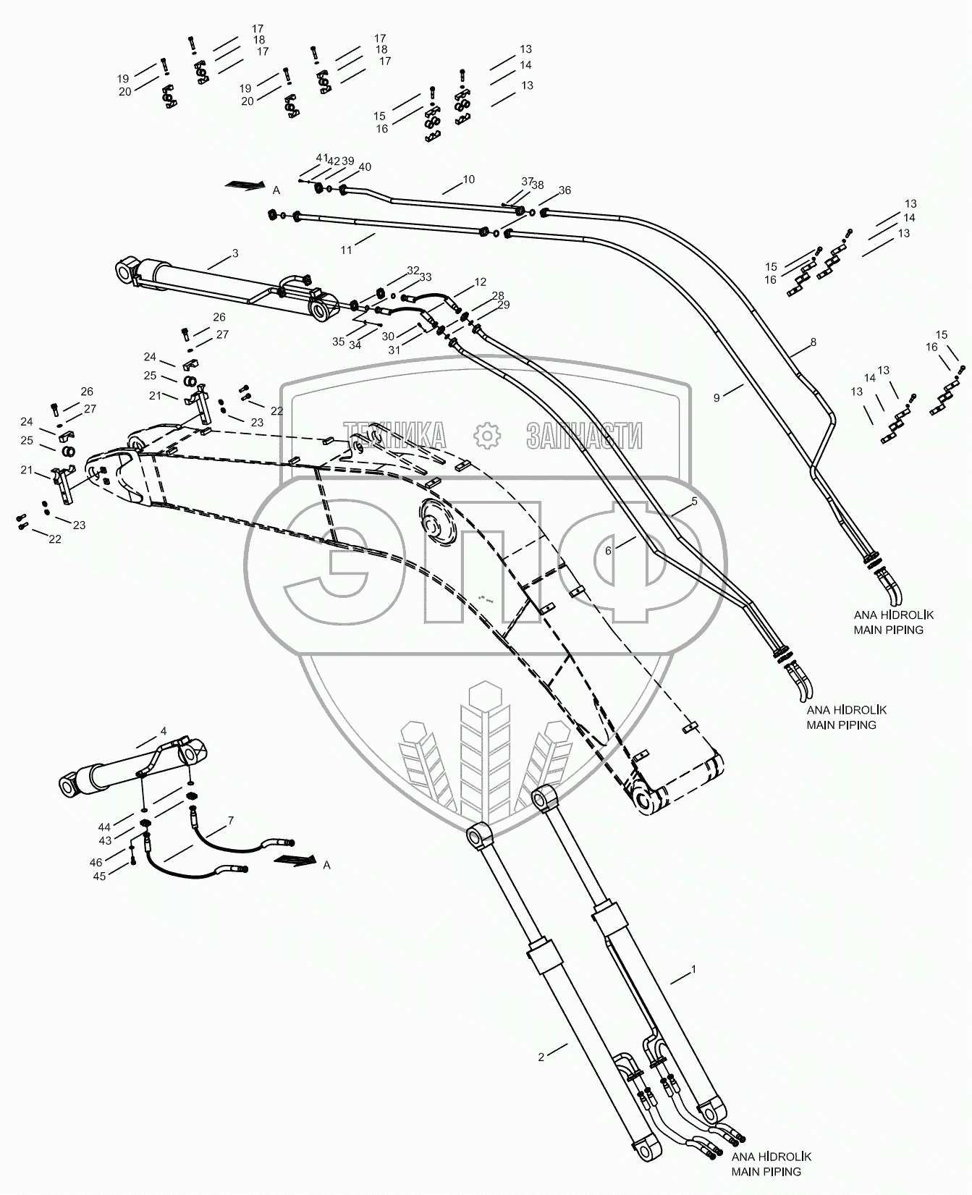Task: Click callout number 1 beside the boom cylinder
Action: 693,968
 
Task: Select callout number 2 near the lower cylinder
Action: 541,1057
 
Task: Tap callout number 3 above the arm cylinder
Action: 235,253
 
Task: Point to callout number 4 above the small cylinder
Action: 164,730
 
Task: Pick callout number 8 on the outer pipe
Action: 813,342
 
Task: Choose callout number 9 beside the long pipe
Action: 717,397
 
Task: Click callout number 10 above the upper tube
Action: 469,180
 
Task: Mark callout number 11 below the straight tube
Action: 347,250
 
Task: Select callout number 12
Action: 481,282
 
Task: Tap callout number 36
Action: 565,190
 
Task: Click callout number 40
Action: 365,167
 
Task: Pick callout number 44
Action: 105,827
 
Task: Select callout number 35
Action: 339,342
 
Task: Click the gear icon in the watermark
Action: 486,435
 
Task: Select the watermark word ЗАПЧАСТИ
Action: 585,435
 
